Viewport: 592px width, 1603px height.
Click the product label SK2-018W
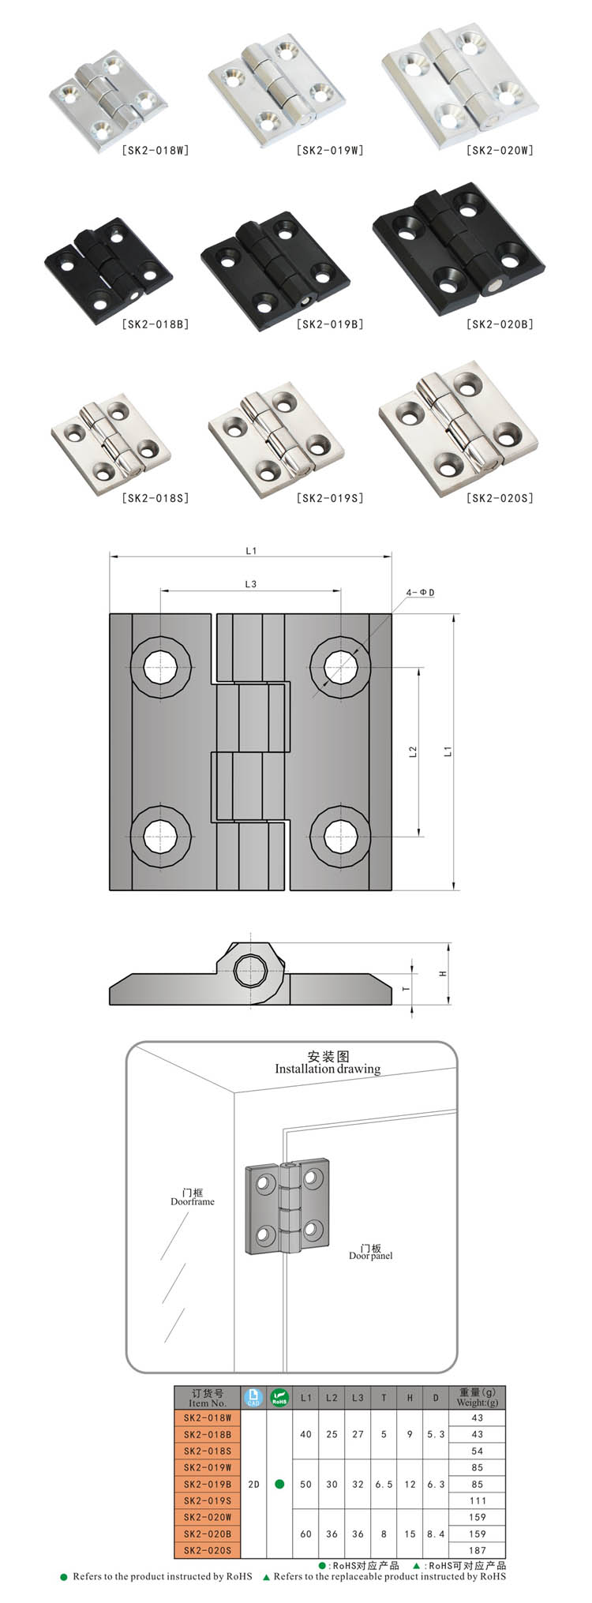point(155,150)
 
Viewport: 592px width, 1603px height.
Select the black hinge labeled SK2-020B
point(459,249)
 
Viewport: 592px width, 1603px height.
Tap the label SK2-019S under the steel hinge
point(330,498)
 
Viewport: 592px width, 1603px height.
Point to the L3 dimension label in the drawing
point(251,584)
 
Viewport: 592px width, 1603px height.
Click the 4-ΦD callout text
point(421,593)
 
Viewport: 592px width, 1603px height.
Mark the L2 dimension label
point(413,752)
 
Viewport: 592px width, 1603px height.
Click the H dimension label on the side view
point(443,973)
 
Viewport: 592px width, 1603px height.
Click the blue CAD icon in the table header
point(253,1397)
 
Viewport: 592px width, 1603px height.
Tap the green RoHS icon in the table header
point(279,1397)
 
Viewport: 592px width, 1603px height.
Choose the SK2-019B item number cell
point(208,1484)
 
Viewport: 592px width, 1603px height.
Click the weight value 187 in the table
point(477,1550)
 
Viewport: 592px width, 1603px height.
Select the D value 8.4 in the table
point(436,1534)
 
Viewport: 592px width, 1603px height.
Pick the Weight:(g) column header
point(477,1397)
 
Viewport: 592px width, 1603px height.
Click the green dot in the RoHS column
point(279,1484)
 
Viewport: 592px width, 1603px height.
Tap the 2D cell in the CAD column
point(253,1484)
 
